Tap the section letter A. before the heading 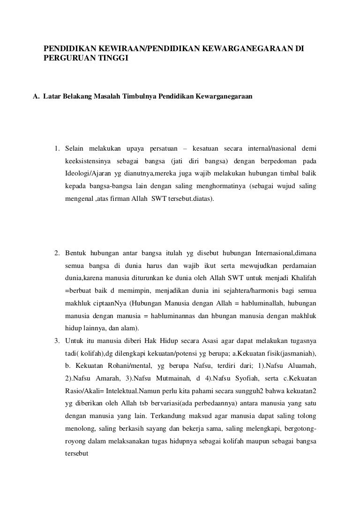pyautogui.click(x=36, y=97)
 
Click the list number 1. pyautogui.click(x=57, y=149)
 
